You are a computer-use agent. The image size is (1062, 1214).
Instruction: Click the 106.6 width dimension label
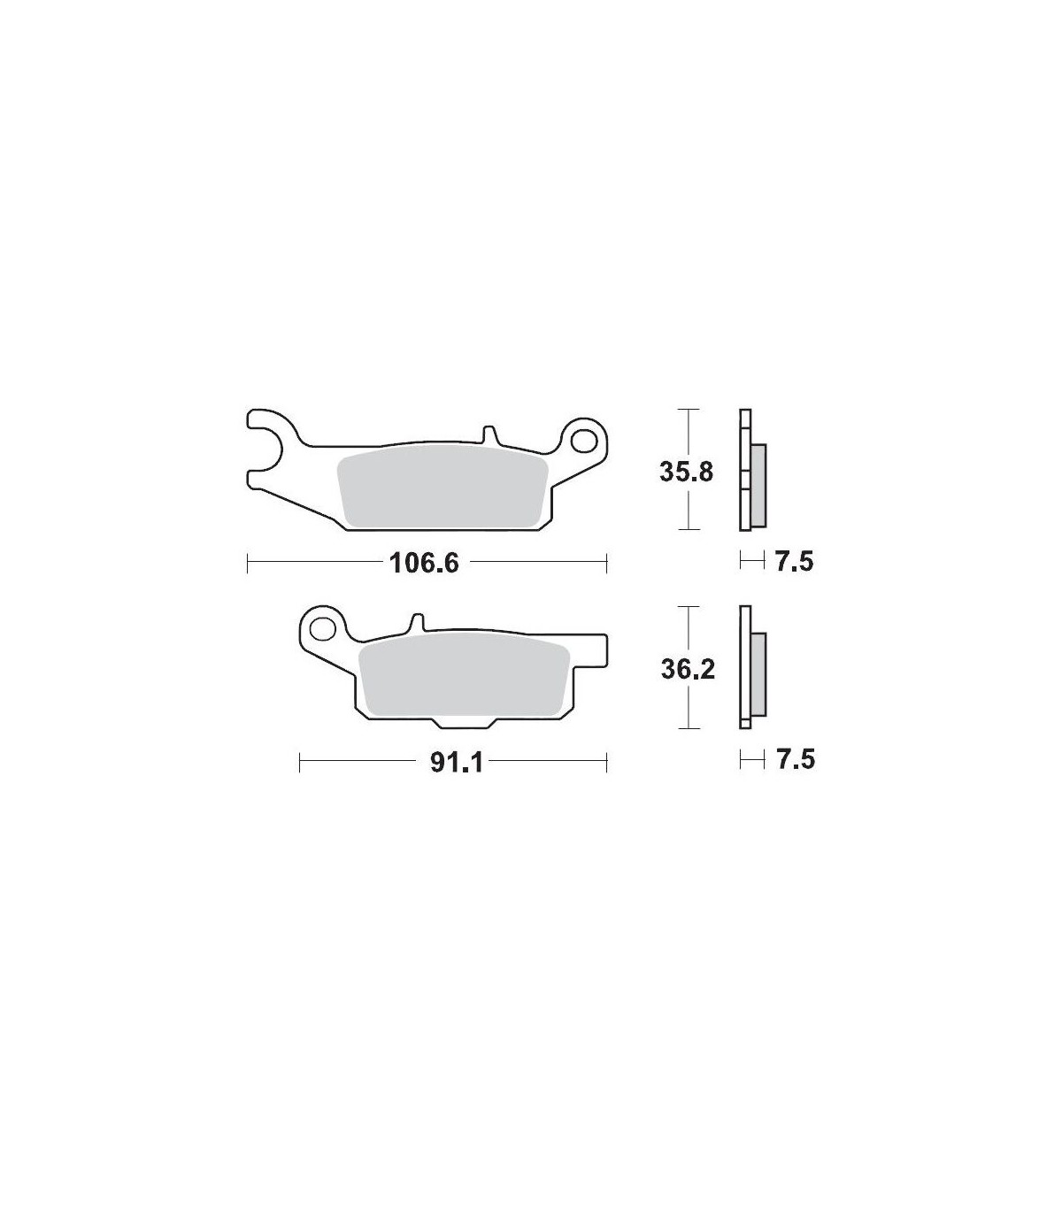pos(424,563)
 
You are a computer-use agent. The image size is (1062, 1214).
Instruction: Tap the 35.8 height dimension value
pos(687,473)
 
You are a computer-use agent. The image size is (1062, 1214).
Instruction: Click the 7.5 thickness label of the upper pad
pos(795,561)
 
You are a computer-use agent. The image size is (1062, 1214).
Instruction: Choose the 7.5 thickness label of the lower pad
pos(796,759)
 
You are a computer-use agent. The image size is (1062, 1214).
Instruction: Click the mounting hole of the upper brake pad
pos(584,442)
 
